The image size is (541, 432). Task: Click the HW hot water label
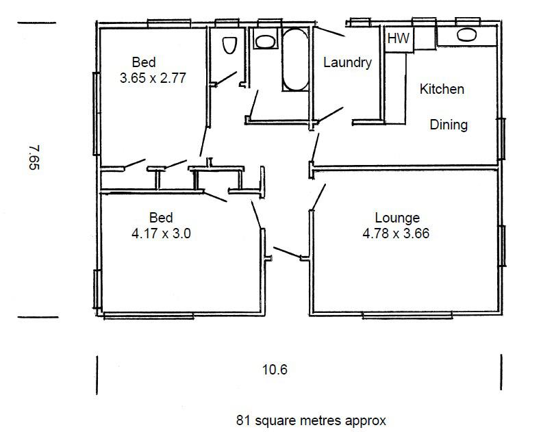399,38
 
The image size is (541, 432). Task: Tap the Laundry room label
347,63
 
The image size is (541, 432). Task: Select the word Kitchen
442,89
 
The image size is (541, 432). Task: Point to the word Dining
449,125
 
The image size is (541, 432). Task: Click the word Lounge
397,218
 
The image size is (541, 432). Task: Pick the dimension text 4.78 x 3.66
396,233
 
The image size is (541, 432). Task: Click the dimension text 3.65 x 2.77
153,78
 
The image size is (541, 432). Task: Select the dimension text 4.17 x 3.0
161,233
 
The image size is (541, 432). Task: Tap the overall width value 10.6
275,370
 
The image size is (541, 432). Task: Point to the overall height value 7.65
34,157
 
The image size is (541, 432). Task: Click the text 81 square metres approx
311,420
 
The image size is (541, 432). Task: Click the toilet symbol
229,45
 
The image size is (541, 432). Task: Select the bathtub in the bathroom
295,60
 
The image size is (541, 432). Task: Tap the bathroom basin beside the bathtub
265,41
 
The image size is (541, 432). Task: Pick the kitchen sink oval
467,34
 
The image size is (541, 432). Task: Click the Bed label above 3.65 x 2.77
144,62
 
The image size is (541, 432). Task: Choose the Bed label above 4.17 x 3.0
161,218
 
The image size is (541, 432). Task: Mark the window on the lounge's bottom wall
407,315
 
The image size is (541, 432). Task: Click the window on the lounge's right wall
503,246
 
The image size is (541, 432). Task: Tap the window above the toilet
227,23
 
